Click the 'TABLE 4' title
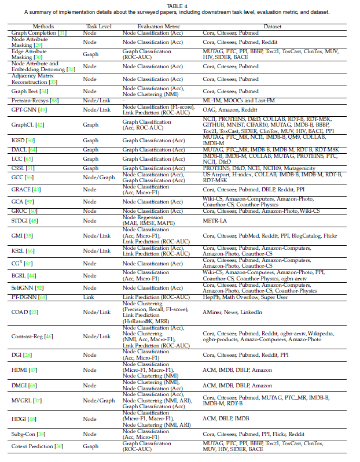coord(179,5)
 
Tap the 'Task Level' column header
coord(95,26)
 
